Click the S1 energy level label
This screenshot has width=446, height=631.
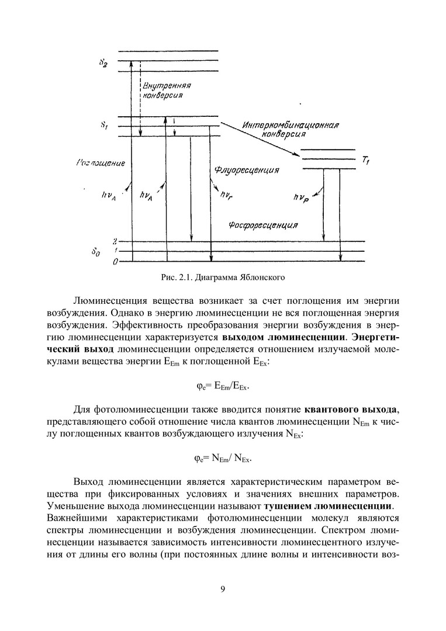click(104, 126)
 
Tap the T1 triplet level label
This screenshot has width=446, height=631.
click(366, 160)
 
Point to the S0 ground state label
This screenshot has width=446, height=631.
click(103, 252)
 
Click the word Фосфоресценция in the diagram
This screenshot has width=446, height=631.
click(263, 225)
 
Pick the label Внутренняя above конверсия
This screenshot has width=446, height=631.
click(168, 86)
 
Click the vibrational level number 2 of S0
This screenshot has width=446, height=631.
click(116, 241)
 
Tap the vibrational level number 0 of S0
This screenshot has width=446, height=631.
click(116, 262)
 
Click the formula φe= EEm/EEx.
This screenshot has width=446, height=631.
click(223, 386)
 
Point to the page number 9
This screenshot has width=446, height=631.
click(223, 588)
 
